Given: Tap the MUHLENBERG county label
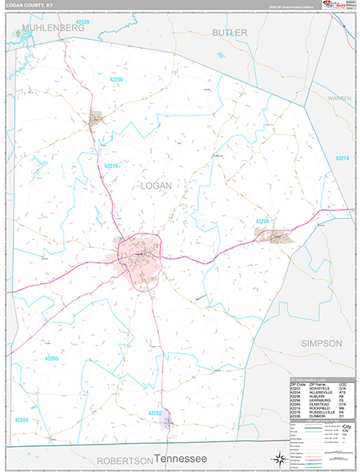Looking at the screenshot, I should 53,28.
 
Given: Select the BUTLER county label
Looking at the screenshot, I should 230,32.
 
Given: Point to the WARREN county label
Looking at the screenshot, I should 340,99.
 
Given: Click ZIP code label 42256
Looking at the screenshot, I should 116,79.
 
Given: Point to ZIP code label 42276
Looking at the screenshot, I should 111,166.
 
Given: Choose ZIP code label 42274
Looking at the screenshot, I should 342,158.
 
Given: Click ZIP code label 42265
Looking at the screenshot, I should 51,358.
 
